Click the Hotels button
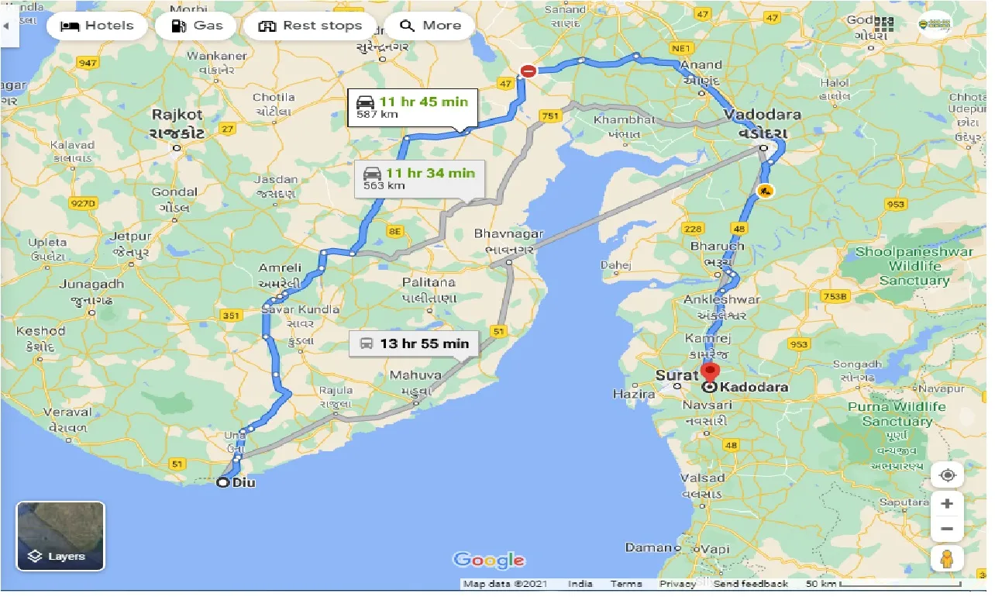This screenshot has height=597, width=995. click(x=98, y=26)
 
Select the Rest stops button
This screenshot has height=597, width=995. click(x=310, y=26)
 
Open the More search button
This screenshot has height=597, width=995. click(x=430, y=26)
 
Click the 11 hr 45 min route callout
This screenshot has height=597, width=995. click(x=412, y=108)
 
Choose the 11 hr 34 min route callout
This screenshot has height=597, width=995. click(x=419, y=178)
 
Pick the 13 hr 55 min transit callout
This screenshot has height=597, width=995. click(x=414, y=343)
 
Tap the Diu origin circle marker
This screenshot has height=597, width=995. click(x=222, y=483)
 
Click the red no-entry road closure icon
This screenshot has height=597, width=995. click(x=528, y=71)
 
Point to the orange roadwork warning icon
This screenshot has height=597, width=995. click(x=765, y=190)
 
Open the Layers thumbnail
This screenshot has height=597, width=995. click(x=60, y=537)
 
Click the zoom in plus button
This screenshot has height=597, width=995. click(x=947, y=504)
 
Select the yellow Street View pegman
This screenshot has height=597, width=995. click(x=947, y=558)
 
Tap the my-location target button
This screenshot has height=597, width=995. click(x=947, y=475)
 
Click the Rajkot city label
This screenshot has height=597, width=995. click(x=177, y=115)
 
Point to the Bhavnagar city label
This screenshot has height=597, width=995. click(x=508, y=234)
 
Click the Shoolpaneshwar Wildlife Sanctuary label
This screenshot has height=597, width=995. click(x=914, y=266)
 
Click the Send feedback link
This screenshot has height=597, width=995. click(x=750, y=584)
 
